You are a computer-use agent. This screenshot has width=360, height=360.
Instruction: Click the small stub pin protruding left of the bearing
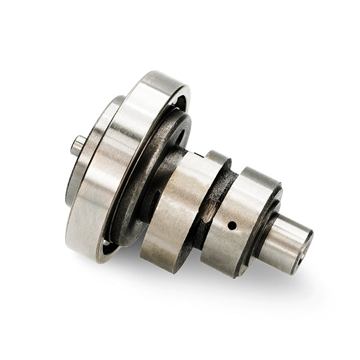point(78,146)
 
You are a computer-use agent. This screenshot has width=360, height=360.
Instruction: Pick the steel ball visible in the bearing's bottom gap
point(107,245)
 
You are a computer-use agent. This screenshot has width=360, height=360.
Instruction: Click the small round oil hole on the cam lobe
point(231,226)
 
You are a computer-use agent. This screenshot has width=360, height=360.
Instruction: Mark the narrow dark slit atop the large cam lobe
point(197,153)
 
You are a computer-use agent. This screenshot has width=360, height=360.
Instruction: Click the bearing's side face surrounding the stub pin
point(90,169)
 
